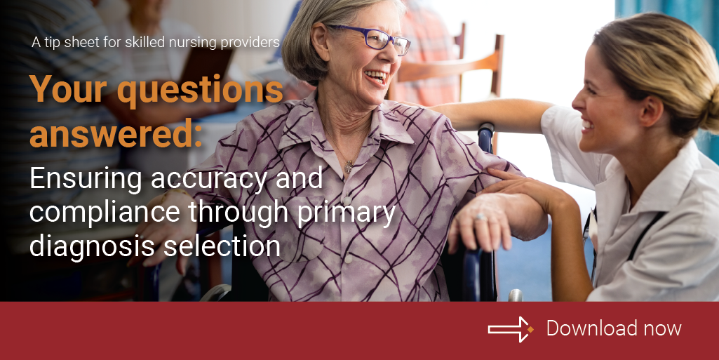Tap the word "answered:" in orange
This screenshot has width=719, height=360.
click(116, 133)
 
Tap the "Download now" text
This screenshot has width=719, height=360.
click(614, 328)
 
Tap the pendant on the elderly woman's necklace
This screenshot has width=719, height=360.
click(348, 166)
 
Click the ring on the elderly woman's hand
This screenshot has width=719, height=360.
click(480, 218)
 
